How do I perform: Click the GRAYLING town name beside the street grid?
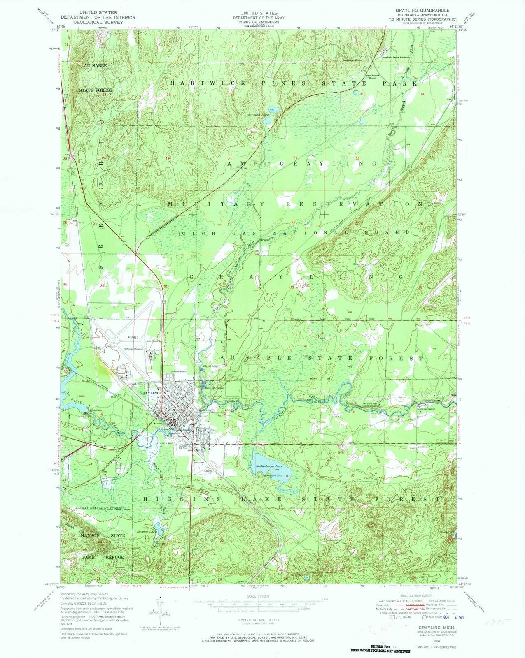click(149, 393)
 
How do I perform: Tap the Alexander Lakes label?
click(259, 115)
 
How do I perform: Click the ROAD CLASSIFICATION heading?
click(415, 595)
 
